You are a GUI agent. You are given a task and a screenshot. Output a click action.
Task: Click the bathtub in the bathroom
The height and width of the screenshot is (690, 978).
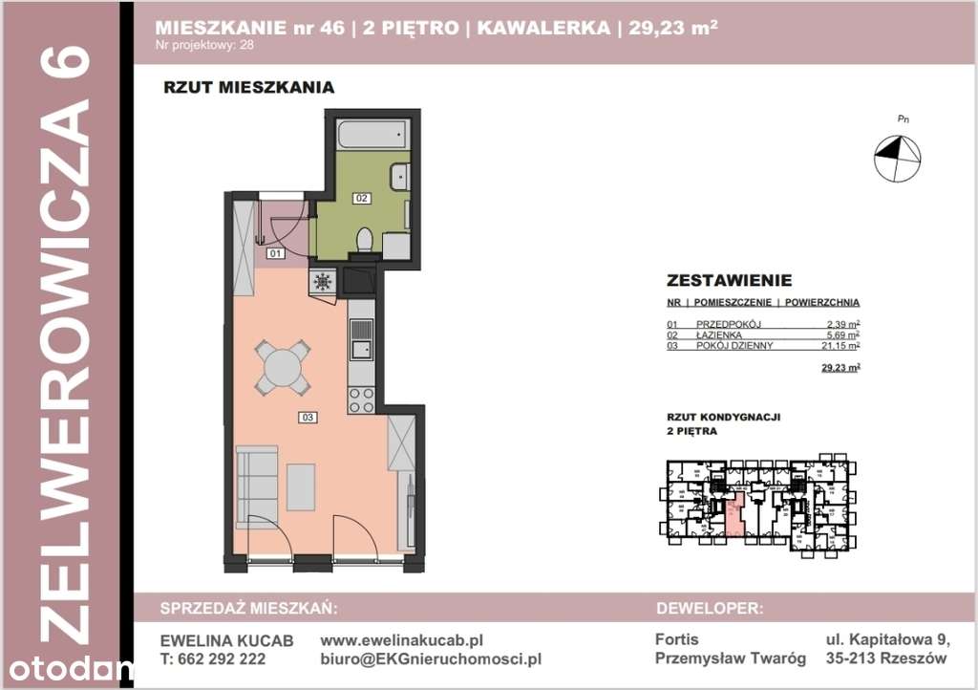click(x=374, y=133)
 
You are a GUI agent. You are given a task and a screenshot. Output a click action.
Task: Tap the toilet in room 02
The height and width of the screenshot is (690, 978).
click(x=363, y=240)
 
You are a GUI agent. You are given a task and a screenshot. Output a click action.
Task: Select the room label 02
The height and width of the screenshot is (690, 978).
click(x=362, y=199)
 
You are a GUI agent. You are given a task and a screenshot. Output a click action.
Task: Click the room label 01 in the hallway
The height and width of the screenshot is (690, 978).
click(x=275, y=254)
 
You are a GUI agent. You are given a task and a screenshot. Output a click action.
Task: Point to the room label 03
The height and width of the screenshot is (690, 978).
click(x=307, y=417)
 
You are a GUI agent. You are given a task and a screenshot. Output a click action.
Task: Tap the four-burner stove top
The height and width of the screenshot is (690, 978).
click(x=362, y=399)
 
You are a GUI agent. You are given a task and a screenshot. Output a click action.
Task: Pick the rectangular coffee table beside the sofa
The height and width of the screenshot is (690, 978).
click(x=302, y=487)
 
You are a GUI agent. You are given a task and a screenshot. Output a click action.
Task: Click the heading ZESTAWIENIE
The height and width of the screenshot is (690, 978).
click(x=729, y=281)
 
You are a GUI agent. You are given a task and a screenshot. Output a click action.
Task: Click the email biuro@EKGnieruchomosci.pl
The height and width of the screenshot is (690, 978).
click(x=431, y=658)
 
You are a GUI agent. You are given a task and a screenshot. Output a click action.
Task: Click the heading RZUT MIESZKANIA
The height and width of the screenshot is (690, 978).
click(x=248, y=88)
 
